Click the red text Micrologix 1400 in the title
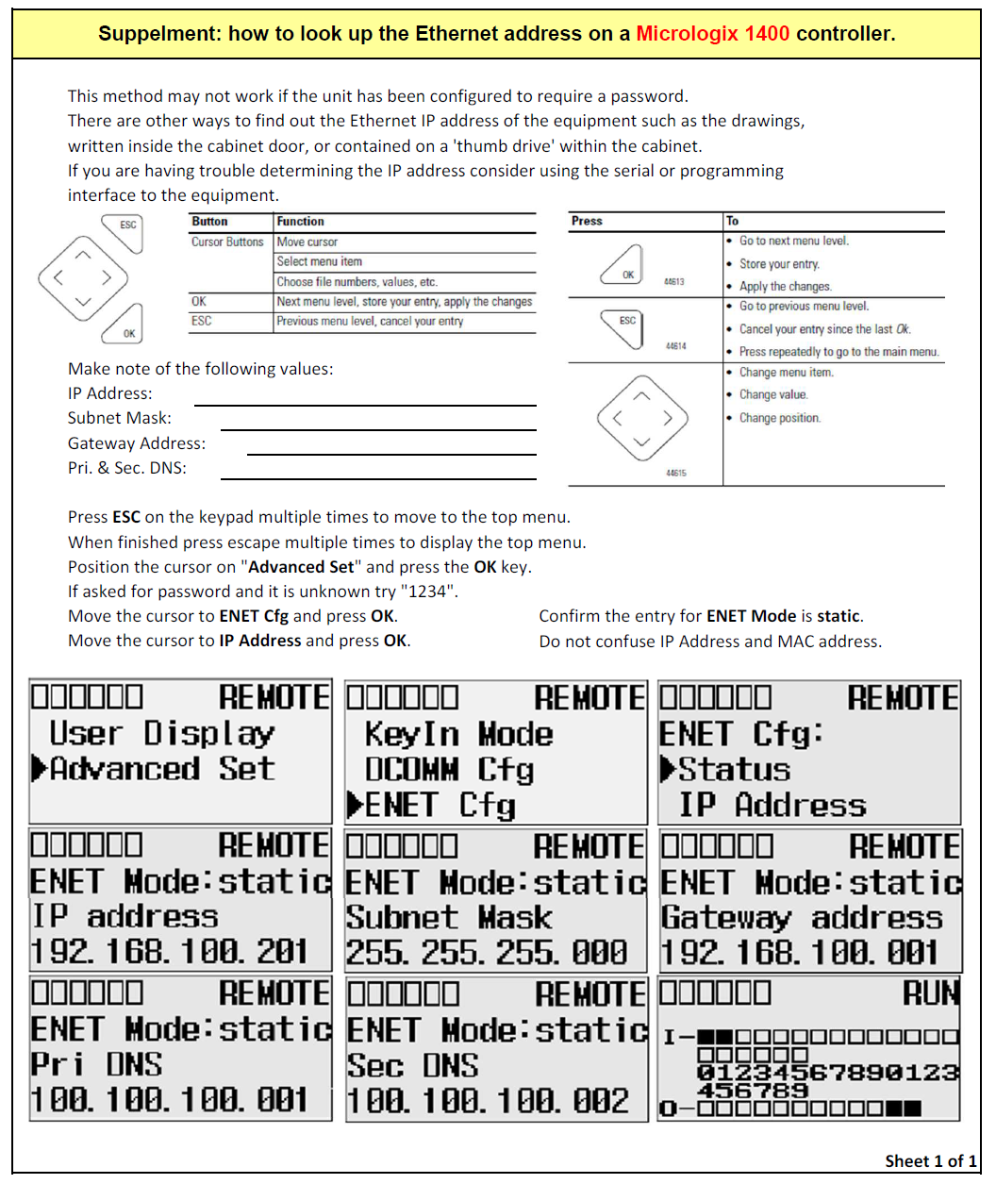[x=712, y=34]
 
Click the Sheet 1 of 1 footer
[x=930, y=1160]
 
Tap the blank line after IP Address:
[x=365, y=404]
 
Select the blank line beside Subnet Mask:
[x=378, y=428]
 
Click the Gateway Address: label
[x=137, y=443]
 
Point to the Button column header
[x=209, y=222]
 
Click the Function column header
[x=301, y=222]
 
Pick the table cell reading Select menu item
[x=320, y=261]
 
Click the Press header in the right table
[x=587, y=221]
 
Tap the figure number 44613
[x=674, y=282]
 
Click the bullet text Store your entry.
[x=779, y=264]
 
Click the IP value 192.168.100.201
[x=170, y=952]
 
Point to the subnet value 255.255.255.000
[x=487, y=953]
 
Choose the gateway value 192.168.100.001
[x=800, y=953]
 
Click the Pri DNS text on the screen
[x=96, y=1064]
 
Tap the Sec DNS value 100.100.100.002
[x=488, y=1100]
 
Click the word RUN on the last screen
[x=931, y=992]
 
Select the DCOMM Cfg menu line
[x=449, y=770]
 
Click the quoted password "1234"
[x=429, y=592]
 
